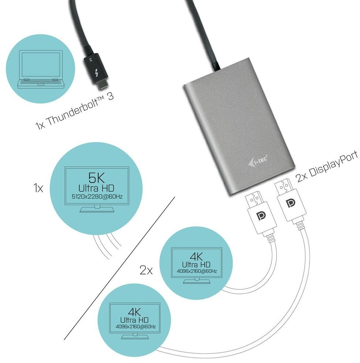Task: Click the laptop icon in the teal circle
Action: [x=40, y=69]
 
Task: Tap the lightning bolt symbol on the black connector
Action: [x=96, y=72]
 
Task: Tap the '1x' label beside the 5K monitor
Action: [x=38, y=188]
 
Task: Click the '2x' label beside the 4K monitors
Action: [x=146, y=270]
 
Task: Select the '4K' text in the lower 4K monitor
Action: [x=134, y=312]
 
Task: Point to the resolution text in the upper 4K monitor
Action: [x=197, y=271]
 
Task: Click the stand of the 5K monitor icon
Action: [x=97, y=209]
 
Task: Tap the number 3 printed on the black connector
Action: [x=91, y=60]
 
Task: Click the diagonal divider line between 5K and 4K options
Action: [x=119, y=268]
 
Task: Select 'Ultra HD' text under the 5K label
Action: [x=96, y=188]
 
